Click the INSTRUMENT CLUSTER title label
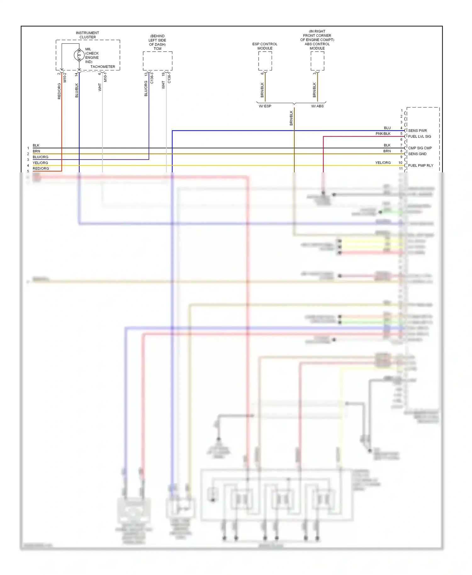pos(87,35)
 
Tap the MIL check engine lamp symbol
pos(79,55)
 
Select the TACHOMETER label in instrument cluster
pos(103,67)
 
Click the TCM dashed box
pos(157,61)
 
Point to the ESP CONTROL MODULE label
pos(265,46)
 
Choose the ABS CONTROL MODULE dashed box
pos(317,61)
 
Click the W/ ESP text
pos(265,106)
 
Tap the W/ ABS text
pos(317,106)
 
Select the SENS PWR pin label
pos(417,131)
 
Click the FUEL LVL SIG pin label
pos(419,137)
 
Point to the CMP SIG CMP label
pos(420,148)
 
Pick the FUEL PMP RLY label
pos(420,165)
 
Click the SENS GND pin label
pos(417,154)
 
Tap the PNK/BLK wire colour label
pos(383,134)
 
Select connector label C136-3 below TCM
pos(152,78)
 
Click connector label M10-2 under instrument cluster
pos(65,78)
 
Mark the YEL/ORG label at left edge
pos(40,163)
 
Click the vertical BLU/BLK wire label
pos(76,90)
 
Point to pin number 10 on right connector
pos(400,163)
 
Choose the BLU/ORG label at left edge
pos(40,157)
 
